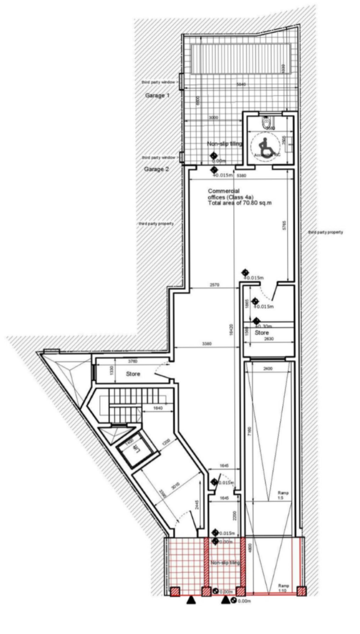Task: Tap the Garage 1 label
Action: coord(157,95)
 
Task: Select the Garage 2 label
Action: coord(157,169)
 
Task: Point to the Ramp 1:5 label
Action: coord(280,497)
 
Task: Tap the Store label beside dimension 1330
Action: coord(133,373)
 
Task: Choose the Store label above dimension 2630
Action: coord(262,333)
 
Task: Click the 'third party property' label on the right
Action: coord(325,232)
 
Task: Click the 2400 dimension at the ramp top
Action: coord(267,368)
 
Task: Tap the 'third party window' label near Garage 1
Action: coord(158,83)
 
